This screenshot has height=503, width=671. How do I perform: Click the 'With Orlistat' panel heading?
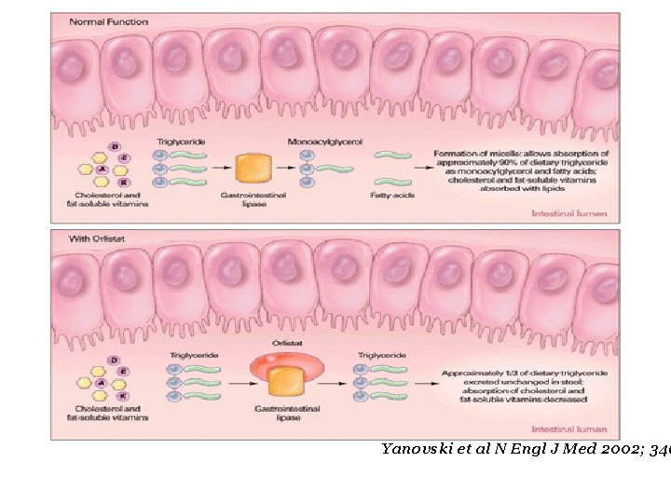click(x=94, y=238)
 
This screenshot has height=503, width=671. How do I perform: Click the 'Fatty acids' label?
click(x=391, y=195)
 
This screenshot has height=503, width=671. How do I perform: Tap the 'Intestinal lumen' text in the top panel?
click(x=568, y=213)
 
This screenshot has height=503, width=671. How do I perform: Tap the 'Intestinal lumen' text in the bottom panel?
click(x=568, y=429)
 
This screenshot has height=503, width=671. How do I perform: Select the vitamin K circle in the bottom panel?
click(x=123, y=395)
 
